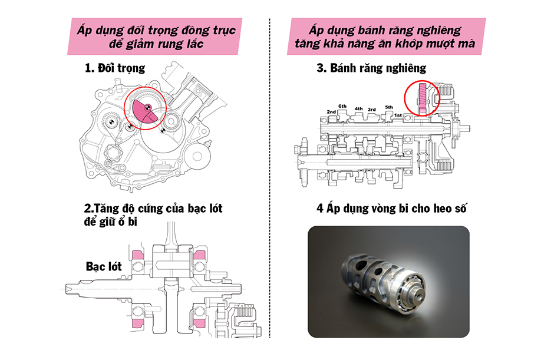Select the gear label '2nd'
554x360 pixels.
(x=331, y=111)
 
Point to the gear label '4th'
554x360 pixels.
(x=358, y=108)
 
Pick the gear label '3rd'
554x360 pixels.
(x=372, y=110)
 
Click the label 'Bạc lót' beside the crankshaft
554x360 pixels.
(x=104, y=266)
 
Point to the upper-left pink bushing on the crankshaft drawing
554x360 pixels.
(x=138, y=255)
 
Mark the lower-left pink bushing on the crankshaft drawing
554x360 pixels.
(x=138, y=323)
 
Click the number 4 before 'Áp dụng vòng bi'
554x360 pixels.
(x=319, y=209)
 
